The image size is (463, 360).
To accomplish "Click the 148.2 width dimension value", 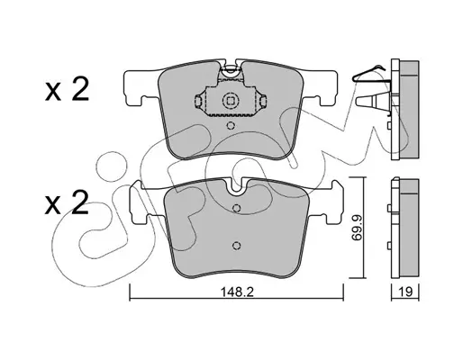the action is [237, 292].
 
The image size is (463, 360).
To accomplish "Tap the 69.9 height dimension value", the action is [357, 228].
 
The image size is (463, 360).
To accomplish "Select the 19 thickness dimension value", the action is [405, 292].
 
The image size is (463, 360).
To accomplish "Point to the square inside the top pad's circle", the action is [231, 101].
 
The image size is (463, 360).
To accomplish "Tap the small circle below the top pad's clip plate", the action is [231, 125].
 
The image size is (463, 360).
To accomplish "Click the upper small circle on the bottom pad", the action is [237, 208].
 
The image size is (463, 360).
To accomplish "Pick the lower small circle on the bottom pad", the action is [237, 246].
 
